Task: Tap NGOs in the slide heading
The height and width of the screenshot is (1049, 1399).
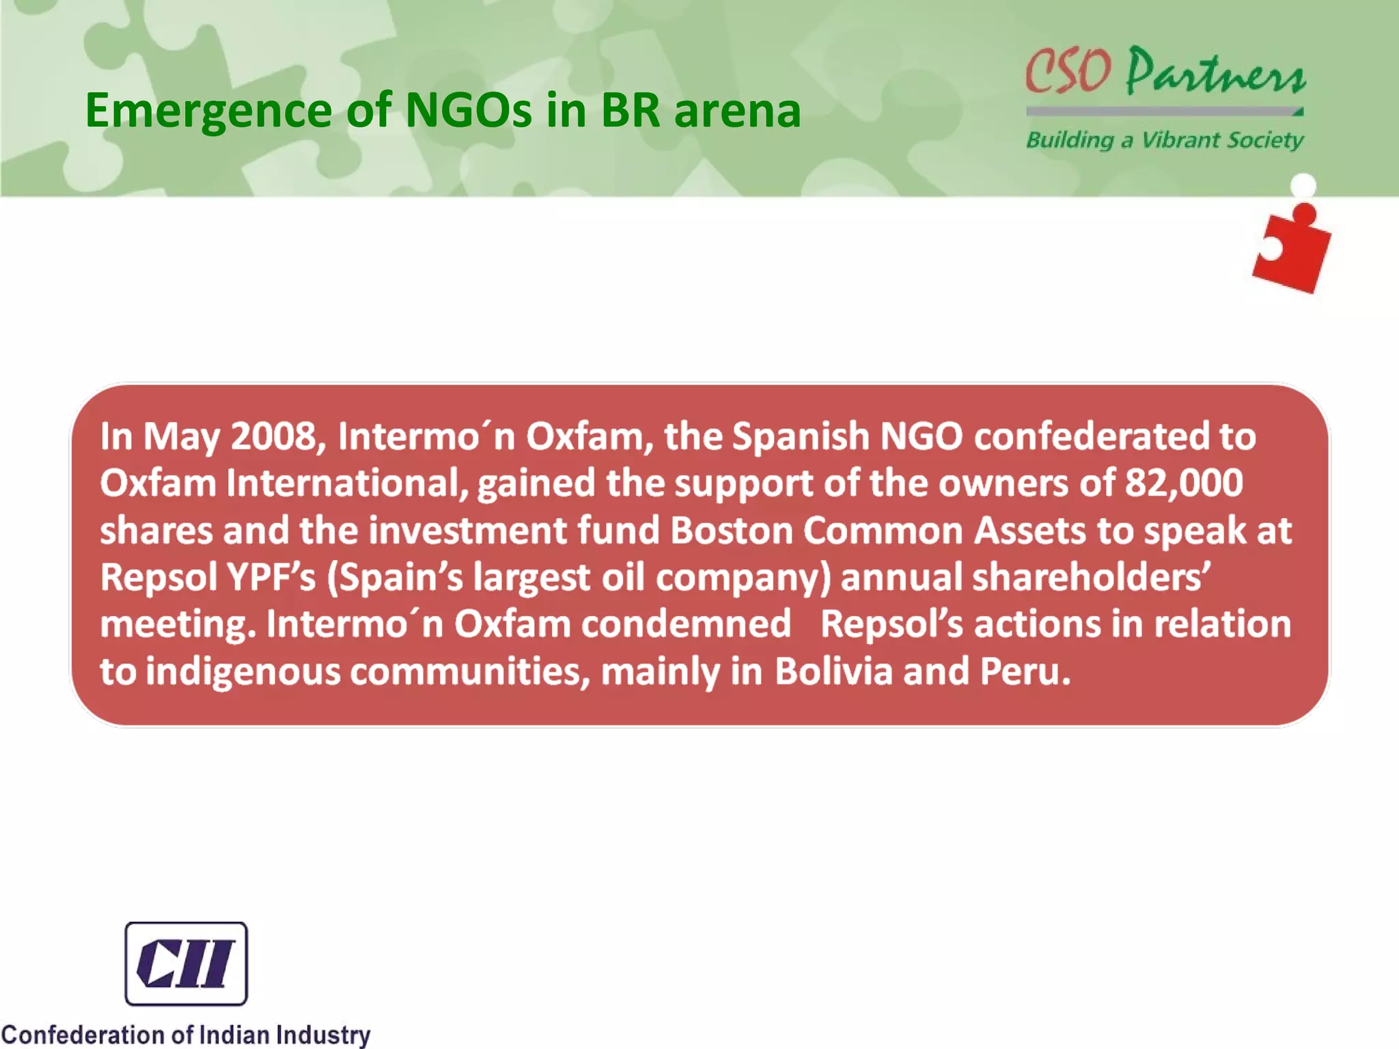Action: (x=468, y=110)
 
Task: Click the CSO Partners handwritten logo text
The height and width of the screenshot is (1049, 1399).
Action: (x=1165, y=71)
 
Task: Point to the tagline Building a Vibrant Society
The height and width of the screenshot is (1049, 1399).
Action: (x=1165, y=140)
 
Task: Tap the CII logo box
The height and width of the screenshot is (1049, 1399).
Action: (x=186, y=963)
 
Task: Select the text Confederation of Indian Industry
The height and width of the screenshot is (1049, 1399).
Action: (x=186, y=1035)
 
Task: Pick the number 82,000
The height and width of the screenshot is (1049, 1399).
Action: (x=1184, y=483)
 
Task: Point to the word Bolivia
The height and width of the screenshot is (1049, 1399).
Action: (x=833, y=671)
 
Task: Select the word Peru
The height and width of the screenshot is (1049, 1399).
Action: (x=1025, y=671)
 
